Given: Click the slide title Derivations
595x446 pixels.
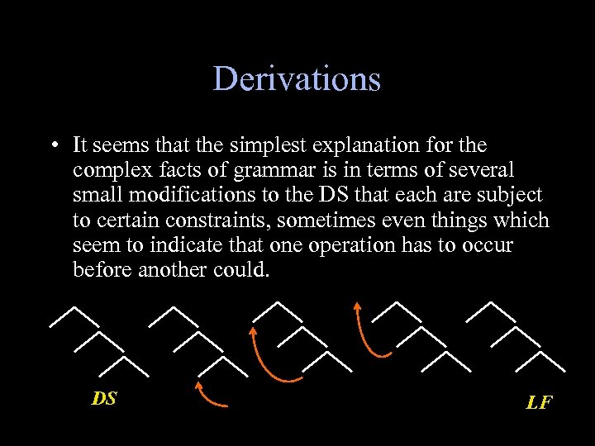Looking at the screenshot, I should (x=297, y=79).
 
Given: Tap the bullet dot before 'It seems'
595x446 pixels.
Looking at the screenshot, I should (x=52, y=146).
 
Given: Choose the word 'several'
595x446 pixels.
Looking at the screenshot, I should (x=481, y=171).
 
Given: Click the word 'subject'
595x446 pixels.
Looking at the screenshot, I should (x=509, y=196).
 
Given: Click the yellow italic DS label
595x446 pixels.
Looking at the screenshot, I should (x=104, y=398).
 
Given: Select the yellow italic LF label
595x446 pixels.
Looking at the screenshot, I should (x=539, y=402).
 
